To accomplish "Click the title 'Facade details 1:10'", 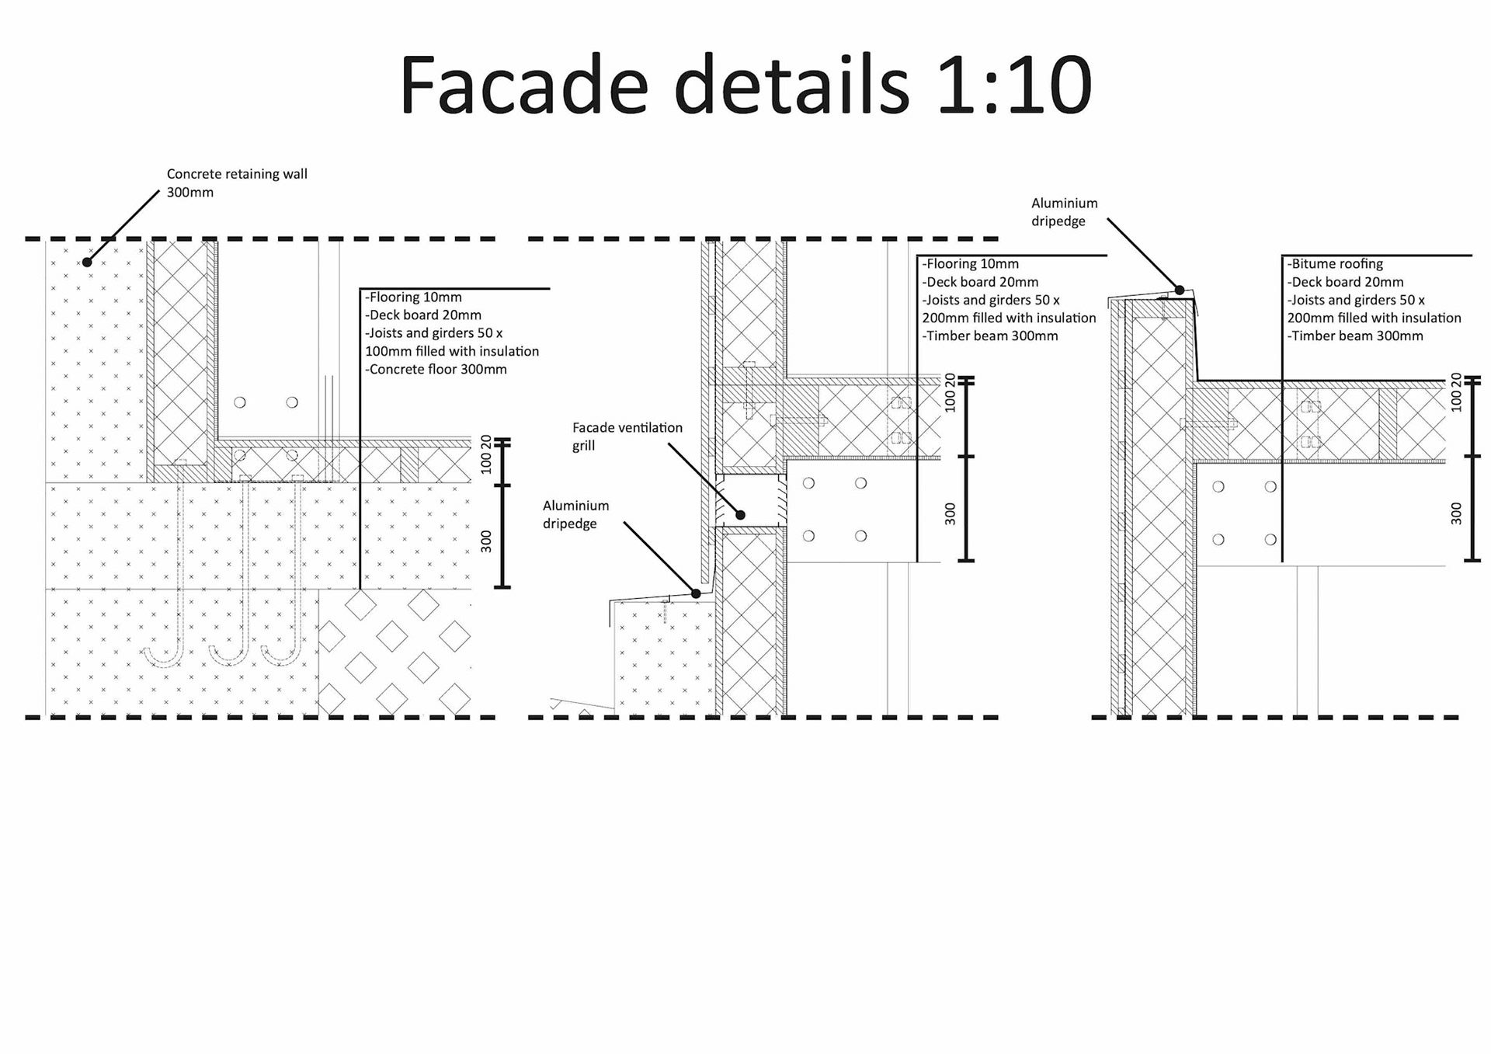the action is [x=745, y=85].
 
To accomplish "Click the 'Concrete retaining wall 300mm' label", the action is [x=237, y=183].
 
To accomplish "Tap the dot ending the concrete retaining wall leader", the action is [x=88, y=263].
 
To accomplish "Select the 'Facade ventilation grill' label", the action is [x=627, y=437].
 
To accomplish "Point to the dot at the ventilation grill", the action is [x=741, y=515].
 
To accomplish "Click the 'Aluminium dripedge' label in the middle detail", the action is [x=575, y=514].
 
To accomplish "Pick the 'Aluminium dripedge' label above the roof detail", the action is [x=1064, y=212].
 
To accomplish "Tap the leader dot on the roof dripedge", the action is [x=1180, y=290].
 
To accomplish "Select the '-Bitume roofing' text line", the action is [x=1335, y=264].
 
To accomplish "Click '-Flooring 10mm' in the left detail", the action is [x=413, y=297].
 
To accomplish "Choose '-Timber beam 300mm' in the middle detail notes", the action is [x=990, y=336].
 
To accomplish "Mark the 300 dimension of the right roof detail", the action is [x=1456, y=513].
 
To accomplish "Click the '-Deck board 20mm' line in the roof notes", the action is [x=1345, y=282].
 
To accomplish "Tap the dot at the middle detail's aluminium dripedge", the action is [x=697, y=593].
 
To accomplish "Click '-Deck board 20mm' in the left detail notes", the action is [x=423, y=315].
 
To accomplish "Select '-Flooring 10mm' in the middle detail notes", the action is [x=971, y=264].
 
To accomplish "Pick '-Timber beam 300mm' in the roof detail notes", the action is [x=1355, y=336].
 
